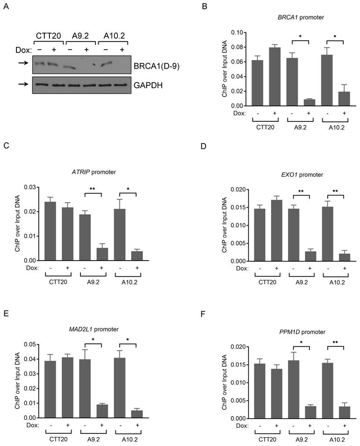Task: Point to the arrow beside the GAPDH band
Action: coord(21,85)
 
